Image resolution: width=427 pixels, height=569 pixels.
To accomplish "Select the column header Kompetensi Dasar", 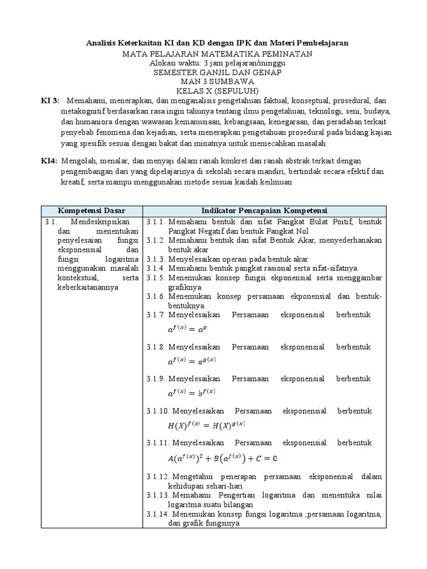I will click(x=92, y=211).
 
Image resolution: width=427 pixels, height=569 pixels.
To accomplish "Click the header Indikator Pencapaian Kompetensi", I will click(x=264, y=211).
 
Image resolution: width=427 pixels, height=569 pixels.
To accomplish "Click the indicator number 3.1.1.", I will click(x=156, y=222).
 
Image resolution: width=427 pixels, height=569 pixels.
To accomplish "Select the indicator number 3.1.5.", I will click(x=156, y=278).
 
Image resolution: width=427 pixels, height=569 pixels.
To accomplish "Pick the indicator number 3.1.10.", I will click(x=158, y=411).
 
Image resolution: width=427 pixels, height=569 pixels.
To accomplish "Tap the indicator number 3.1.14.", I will click(x=158, y=514).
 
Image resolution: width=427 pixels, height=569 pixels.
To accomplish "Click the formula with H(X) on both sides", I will click(x=206, y=426).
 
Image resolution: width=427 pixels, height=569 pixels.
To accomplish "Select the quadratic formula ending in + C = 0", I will click(x=222, y=458).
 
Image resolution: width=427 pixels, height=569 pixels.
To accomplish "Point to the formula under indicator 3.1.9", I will click(x=192, y=393).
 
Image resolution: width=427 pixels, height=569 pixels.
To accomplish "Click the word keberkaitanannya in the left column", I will click(x=86, y=288).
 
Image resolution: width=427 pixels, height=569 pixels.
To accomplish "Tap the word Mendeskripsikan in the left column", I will click(x=98, y=222).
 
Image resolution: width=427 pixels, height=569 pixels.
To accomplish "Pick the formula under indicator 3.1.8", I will click(x=192, y=361).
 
